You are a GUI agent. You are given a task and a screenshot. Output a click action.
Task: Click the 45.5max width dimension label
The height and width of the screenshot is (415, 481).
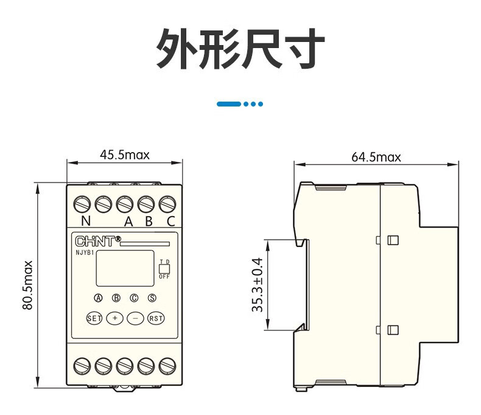tap(125, 155)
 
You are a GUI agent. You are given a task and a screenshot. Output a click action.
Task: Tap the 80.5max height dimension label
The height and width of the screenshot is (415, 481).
tap(27, 285)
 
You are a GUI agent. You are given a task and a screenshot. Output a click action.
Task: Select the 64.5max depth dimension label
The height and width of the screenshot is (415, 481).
tap(376, 157)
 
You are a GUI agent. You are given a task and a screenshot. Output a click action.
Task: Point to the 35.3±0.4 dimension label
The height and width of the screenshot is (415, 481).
tap(258, 285)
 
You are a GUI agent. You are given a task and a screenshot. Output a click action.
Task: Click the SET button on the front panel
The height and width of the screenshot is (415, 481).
tap(94, 318)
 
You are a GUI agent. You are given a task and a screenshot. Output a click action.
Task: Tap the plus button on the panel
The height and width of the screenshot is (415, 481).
tap(114, 318)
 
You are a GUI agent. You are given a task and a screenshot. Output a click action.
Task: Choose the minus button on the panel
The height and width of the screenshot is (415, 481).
tap(135, 318)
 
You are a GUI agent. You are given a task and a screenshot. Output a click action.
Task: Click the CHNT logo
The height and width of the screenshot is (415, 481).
tap(98, 241)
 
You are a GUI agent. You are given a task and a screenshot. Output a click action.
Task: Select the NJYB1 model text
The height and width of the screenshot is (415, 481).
tap(85, 253)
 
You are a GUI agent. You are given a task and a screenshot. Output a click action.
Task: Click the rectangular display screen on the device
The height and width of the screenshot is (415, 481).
tap(125, 268)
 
